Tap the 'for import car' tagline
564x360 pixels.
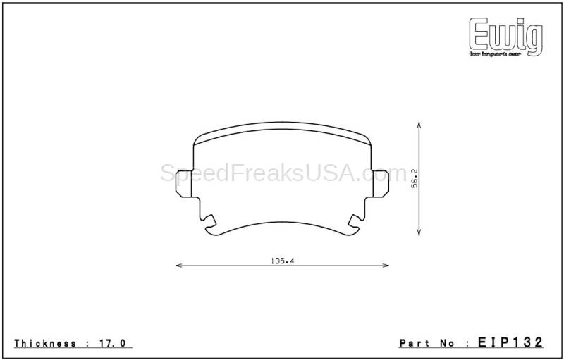click(x=495, y=54)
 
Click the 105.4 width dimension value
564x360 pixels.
click(x=283, y=261)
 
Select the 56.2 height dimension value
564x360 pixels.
click(x=415, y=178)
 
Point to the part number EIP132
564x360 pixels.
click(x=510, y=342)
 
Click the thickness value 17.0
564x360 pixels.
click(x=112, y=343)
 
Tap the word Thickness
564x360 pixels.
click(x=45, y=343)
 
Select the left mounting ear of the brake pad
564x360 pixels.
click(x=184, y=184)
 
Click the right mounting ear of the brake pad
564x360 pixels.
click(x=381, y=184)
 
